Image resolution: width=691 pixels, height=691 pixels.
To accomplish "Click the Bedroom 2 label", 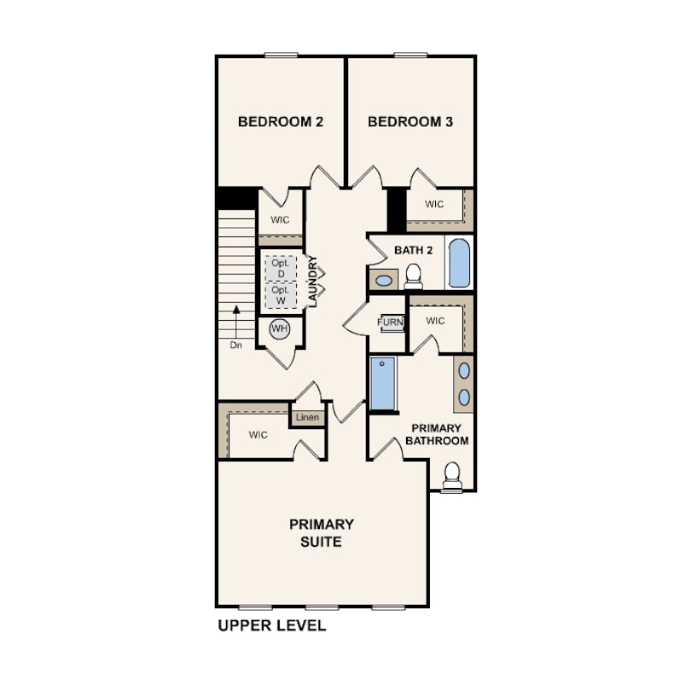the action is pos(281,122).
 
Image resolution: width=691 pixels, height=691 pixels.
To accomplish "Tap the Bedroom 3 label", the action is pos(410,122).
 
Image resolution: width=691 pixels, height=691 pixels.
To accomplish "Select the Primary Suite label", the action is pos(322,533).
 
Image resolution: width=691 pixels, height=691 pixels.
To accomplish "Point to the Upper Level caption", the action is pos(272,626).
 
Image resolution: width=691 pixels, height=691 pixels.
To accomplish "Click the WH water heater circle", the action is pos(280,328).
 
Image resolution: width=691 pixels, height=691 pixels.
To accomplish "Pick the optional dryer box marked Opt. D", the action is pos(281,269).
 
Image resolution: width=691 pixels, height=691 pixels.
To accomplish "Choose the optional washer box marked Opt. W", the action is pos(281,295).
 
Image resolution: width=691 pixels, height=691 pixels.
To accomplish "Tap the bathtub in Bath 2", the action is pos(459,263).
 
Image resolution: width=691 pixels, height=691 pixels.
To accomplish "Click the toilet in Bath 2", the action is pos(414,276).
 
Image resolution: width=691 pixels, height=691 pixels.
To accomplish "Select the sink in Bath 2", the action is pos(383,280).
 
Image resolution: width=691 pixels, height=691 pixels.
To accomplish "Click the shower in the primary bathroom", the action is pos(382,383).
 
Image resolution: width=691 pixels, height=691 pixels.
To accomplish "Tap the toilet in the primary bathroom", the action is pos(452,476).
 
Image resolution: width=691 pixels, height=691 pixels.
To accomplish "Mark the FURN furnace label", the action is pos(391,322).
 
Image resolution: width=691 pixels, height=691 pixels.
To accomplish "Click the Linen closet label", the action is pos(308,417).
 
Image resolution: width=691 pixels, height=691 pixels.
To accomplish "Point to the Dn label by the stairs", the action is pos(236,345).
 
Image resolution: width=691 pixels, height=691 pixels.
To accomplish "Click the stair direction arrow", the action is pos(236,322).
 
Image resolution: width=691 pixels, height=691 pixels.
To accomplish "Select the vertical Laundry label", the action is pos(312,282).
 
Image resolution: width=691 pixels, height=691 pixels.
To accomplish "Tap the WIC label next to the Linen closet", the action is pos(258,435).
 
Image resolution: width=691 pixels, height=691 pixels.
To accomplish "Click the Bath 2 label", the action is pos(414,250).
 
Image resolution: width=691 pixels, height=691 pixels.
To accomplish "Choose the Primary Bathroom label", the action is pos(437,434).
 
